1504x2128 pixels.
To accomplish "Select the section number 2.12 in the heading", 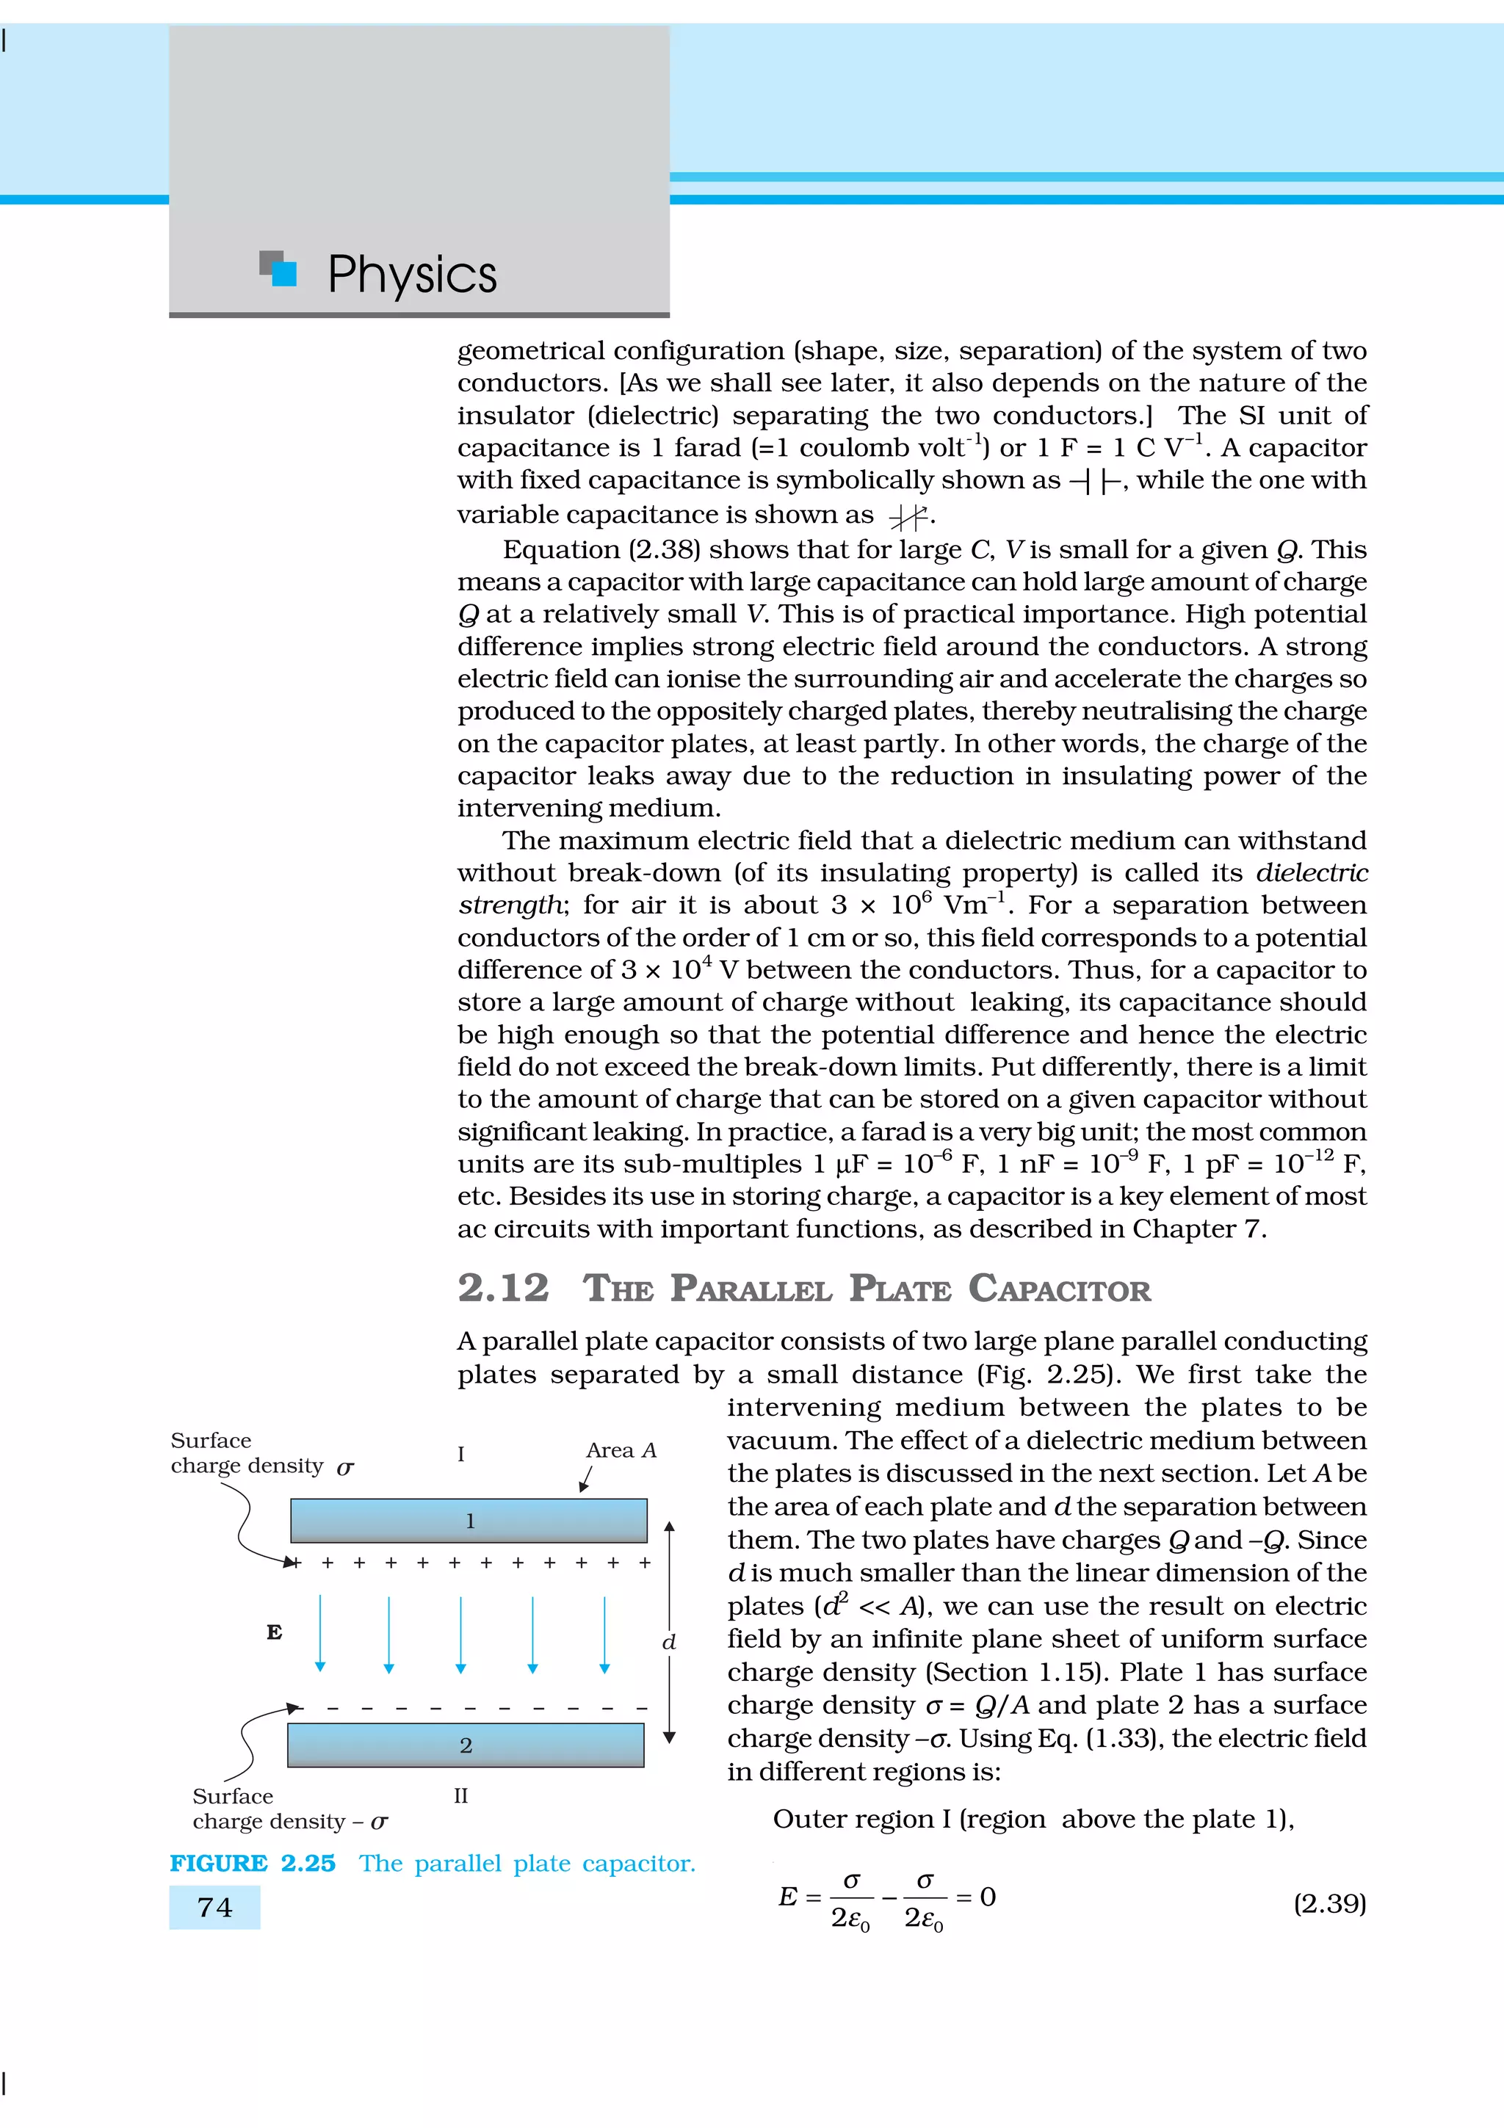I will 503,1288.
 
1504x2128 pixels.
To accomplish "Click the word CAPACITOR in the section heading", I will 1059,1289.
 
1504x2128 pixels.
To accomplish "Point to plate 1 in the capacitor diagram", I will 469,1521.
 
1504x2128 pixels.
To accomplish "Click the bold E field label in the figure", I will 275,1632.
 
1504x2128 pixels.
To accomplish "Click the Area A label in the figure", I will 621,1450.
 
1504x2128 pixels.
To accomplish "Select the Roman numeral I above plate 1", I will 460,1454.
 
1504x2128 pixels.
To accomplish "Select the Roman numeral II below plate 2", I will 460,1795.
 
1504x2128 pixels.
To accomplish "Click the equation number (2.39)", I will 1329,1904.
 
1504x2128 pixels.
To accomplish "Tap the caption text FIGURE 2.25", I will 252,1863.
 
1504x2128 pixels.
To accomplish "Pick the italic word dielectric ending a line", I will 1312,873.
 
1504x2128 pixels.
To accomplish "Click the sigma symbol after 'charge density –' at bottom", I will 379,1822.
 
